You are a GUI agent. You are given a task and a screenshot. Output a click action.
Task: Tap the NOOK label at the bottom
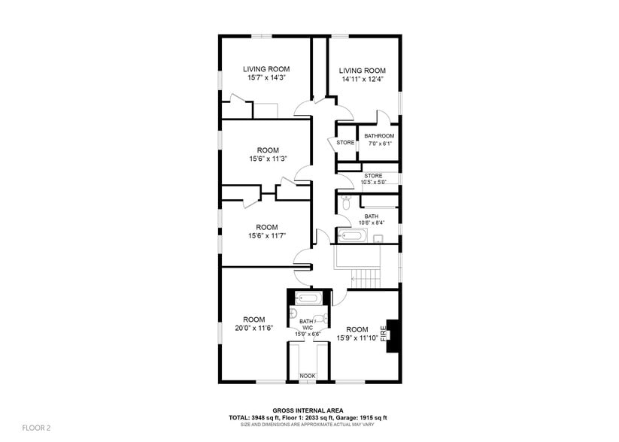tap(308, 376)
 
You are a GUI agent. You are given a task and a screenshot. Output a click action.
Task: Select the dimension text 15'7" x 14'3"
tap(266, 77)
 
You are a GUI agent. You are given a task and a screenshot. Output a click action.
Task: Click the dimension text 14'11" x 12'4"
tap(362, 79)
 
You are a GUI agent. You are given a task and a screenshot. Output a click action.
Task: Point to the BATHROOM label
tap(379, 136)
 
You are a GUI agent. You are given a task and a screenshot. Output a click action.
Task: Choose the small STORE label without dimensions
tap(345, 143)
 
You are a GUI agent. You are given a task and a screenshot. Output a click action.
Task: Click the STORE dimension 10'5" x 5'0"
tap(374, 182)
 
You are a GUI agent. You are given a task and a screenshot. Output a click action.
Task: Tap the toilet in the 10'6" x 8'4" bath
tap(345, 201)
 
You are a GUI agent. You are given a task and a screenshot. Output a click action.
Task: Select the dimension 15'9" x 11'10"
tap(357, 338)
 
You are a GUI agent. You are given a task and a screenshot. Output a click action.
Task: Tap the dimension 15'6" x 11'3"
tap(269, 159)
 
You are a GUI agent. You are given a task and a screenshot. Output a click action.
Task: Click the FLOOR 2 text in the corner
tap(35, 428)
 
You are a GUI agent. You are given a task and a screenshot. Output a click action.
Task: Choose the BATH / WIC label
tap(307, 325)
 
